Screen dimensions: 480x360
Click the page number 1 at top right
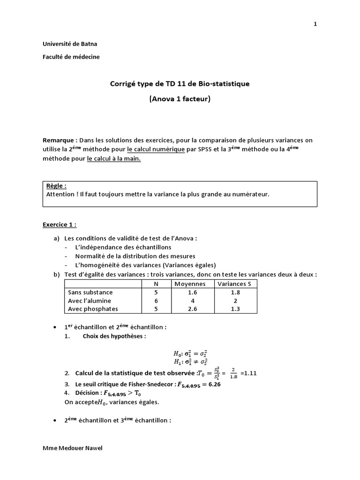tap(315, 24)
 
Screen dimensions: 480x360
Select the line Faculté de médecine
tap(71, 57)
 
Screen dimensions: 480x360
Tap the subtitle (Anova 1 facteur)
tap(180, 99)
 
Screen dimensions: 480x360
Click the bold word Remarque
tap(60, 140)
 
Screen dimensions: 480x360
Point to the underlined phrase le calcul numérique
tap(156, 150)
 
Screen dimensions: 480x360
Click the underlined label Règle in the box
tap(56, 186)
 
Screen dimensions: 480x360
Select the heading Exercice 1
tap(60, 225)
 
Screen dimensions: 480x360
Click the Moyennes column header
tap(190, 284)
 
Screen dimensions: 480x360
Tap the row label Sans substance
tap(90, 292)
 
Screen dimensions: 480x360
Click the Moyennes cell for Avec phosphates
tap(190, 309)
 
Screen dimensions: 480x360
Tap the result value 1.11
tap(248, 374)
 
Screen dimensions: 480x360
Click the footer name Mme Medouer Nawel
tap(72, 448)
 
